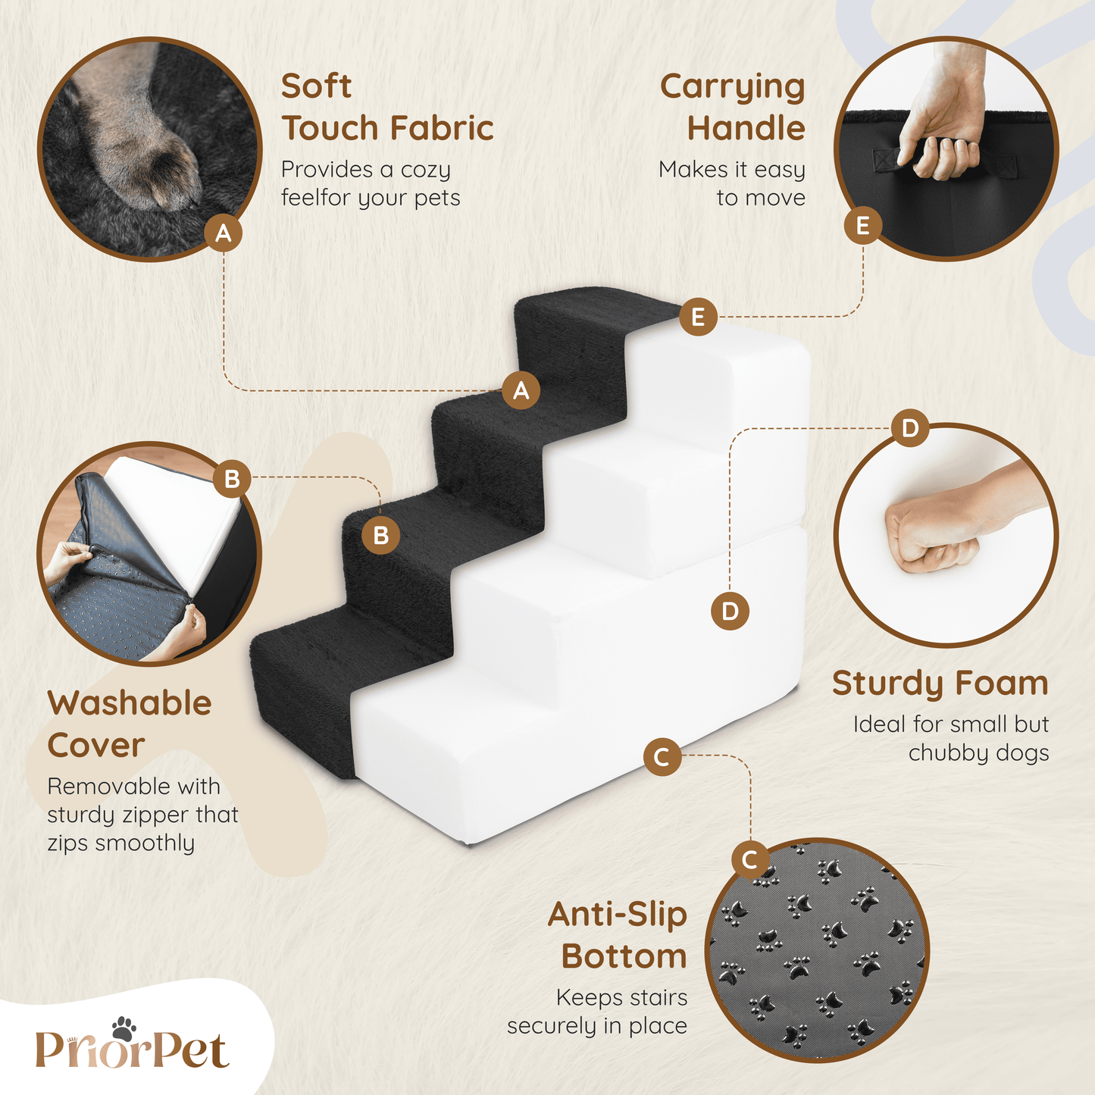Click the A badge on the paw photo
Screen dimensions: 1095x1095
[x=224, y=233]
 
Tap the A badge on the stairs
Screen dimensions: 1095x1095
[x=521, y=390]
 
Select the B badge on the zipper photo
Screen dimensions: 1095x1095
[x=232, y=478]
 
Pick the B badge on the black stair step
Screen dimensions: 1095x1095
[x=380, y=535]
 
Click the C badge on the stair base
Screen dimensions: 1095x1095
[x=662, y=757]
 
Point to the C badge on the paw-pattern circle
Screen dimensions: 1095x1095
[x=750, y=859]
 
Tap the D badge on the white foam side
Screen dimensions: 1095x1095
[x=730, y=611]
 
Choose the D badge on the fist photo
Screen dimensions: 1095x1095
[x=910, y=428]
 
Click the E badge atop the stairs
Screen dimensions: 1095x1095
[x=698, y=317]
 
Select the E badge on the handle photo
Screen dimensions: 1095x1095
[x=862, y=226]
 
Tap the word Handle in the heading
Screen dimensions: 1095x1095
[x=746, y=128]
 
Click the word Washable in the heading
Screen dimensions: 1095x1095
[x=130, y=703]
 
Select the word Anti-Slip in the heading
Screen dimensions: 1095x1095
[x=618, y=915]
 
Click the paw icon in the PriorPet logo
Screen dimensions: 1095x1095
[x=124, y=1028]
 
